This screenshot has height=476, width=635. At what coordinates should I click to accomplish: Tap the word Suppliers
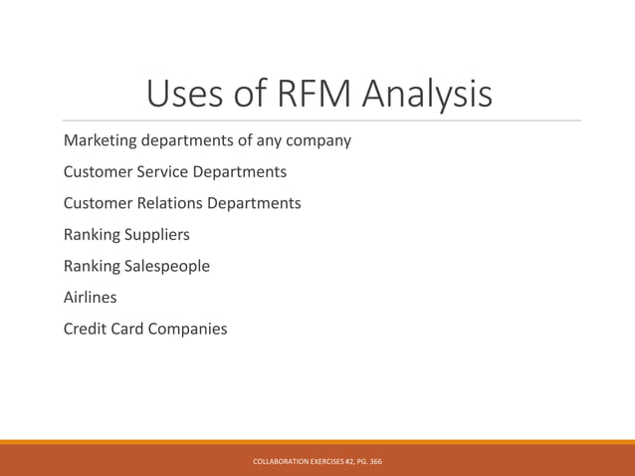[156, 235]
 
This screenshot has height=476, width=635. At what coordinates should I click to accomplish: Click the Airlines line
[90, 297]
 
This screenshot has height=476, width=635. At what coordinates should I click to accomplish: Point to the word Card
[130, 329]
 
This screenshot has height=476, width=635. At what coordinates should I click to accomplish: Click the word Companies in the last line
[190, 329]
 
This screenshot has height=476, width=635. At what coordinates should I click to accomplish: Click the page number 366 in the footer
[374, 462]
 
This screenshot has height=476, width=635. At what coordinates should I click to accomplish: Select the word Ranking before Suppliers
[92, 235]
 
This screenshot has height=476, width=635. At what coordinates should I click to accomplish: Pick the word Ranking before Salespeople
[92, 266]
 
